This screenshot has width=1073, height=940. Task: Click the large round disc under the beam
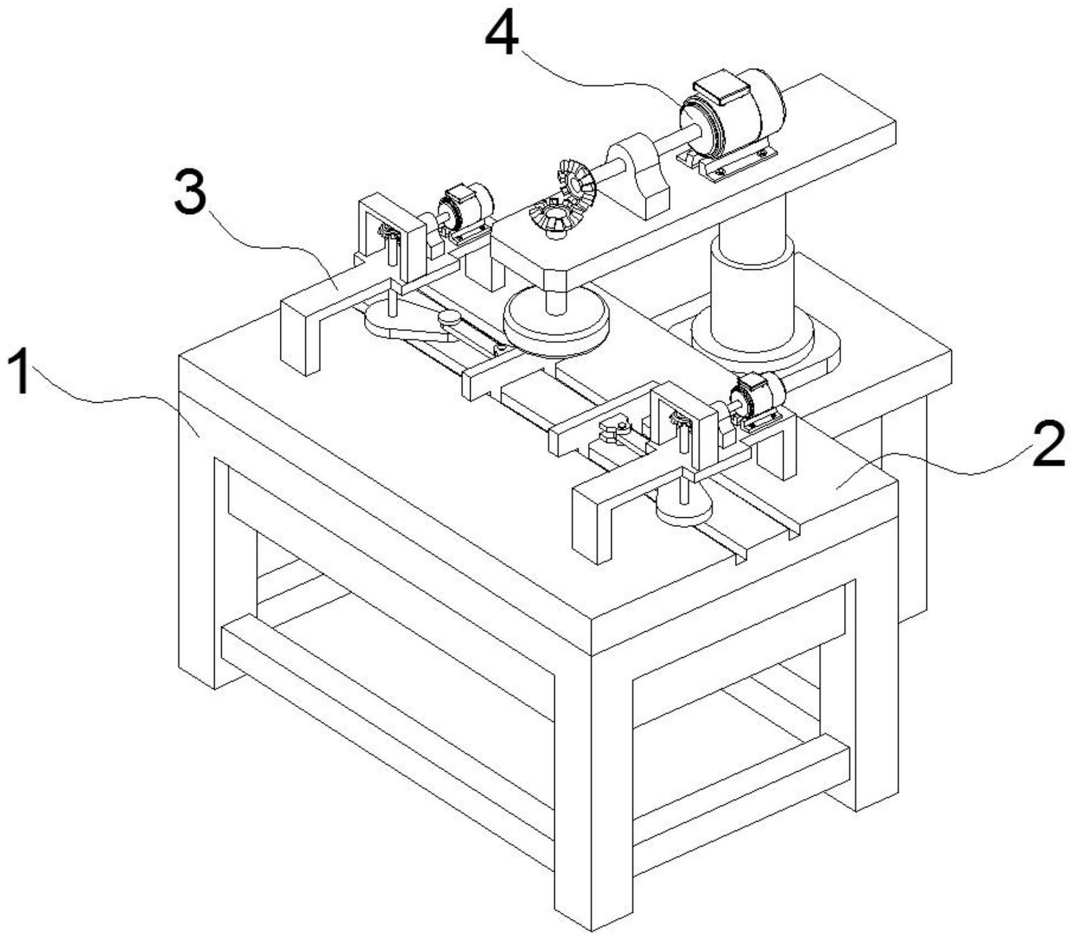[556, 324]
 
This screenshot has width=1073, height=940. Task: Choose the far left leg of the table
[197, 553]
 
